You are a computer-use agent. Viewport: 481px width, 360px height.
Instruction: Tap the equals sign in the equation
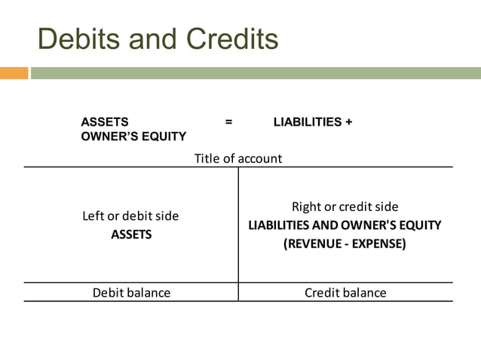pyautogui.click(x=228, y=121)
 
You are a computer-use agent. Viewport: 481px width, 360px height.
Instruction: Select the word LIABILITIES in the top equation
pyautogui.click(x=307, y=121)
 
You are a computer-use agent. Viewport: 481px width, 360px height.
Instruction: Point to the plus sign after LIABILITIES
pyautogui.click(x=348, y=121)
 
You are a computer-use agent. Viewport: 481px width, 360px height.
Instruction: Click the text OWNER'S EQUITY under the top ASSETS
pyautogui.click(x=133, y=136)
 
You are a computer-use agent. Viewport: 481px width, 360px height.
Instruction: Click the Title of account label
pyautogui.click(x=238, y=158)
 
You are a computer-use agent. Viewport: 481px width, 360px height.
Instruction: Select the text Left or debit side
pyautogui.click(x=130, y=216)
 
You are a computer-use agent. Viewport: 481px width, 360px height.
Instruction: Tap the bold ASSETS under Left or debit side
pyautogui.click(x=131, y=234)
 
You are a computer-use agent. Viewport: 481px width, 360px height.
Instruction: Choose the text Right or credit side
pyautogui.click(x=345, y=206)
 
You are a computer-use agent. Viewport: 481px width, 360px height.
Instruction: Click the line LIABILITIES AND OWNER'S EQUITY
pyautogui.click(x=345, y=225)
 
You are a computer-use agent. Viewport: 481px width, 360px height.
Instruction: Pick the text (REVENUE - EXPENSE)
pyautogui.click(x=345, y=243)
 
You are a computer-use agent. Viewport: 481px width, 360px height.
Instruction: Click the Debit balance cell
pyautogui.click(x=131, y=292)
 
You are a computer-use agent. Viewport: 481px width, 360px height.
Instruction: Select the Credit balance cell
pyautogui.click(x=345, y=292)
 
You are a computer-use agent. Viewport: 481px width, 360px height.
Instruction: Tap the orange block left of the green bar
pyautogui.click(x=14, y=73)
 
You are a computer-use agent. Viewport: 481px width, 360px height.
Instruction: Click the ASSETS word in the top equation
pyautogui.click(x=104, y=121)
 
